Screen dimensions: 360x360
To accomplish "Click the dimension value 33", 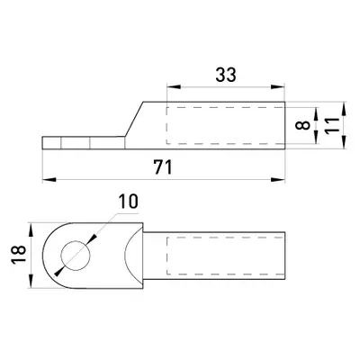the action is coord(226,75).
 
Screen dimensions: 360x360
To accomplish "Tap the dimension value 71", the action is coord(163,167).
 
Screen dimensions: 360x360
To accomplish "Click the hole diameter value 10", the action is coord(128,202).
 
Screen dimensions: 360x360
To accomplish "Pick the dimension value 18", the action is coord(19,255).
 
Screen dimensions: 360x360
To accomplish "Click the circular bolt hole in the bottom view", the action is coord(76,256).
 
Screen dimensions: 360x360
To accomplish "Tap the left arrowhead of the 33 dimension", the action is coord(174,86).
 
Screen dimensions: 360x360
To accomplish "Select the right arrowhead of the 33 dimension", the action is coord(277,86).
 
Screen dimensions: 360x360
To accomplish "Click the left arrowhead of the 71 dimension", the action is coord(49,179).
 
